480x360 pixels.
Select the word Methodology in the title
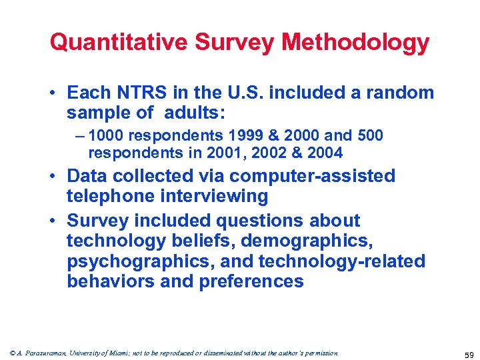point(355,43)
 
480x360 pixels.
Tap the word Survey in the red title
point(234,43)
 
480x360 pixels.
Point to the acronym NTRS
point(143,93)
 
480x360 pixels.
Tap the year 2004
point(323,153)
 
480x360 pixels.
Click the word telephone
point(109,196)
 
